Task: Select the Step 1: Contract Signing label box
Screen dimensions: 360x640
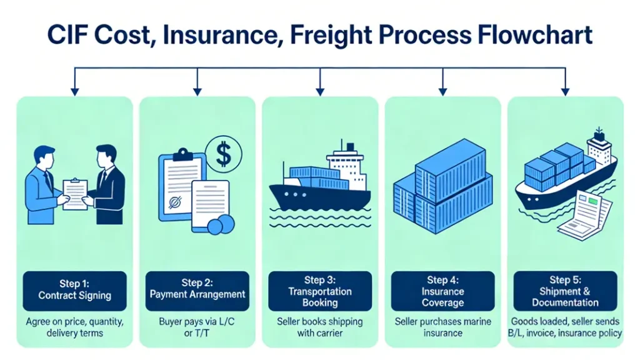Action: coord(74,291)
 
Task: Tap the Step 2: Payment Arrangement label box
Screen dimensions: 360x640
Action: coord(197,291)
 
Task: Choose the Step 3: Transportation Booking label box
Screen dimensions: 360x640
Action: coord(320,291)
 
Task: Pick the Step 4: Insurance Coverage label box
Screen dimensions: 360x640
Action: coord(443,291)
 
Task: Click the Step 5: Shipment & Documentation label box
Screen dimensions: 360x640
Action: coord(566,291)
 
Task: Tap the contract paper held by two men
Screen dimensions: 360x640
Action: coord(76,193)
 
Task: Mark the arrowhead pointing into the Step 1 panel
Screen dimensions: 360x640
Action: coord(75,92)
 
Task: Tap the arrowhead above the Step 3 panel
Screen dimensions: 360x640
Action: coord(321,92)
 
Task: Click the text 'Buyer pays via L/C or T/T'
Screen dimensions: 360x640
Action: coord(197,327)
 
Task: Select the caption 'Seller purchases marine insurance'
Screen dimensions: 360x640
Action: coord(443,327)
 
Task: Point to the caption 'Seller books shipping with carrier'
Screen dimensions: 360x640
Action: coord(320,327)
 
